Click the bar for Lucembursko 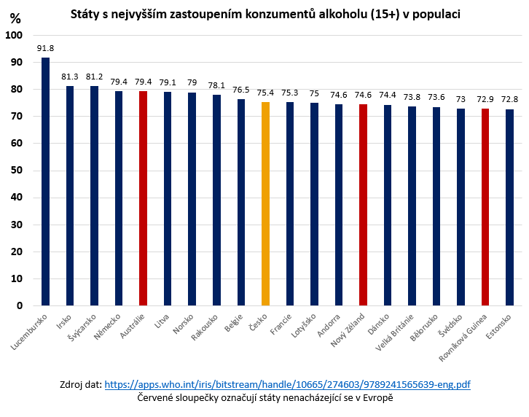pyautogui.click(x=45, y=182)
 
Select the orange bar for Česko pyautogui.click(x=265, y=203)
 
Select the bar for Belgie pyautogui.click(x=240, y=202)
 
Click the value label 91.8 pyautogui.click(x=45, y=48)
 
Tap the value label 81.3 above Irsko pyautogui.click(x=70, y=77)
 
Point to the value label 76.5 pyautogui.click(x=240, y=90)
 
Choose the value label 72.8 pyautogui.click(x=509, y=99)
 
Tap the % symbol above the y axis pyautogui.click(x=15, y=19)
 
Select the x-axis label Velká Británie pyautogui.click(x=398, y=336)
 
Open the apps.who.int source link pyautogui.click(x=287, y=384)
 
